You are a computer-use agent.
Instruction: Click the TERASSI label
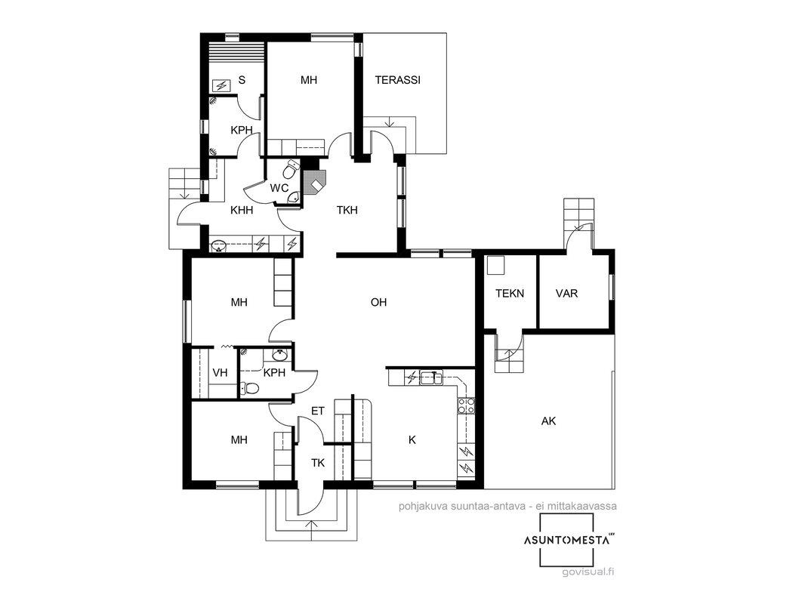click(397, 80)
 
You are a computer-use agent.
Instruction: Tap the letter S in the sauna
click(242, 80)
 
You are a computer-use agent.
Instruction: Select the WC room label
click(279, 188)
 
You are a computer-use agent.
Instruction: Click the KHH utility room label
click(242, 210)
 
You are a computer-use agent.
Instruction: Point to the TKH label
click(347, 210)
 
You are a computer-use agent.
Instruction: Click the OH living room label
click(378, 302)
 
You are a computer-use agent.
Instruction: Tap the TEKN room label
click(510, 294)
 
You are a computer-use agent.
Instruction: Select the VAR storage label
click(567, 294)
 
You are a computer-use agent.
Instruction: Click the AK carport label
click(549, 421)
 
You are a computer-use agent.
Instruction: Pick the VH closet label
click(220, 372)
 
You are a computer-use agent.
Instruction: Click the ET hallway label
click(318, 411)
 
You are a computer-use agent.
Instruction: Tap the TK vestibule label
click(318, 463)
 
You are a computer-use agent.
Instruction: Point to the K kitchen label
click(412, 439)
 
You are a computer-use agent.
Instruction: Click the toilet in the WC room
click(292, 167)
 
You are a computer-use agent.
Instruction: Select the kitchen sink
click(431, 377)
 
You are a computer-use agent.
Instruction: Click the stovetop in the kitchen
click(466, 405)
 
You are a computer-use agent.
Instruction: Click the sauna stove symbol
click(222, 85)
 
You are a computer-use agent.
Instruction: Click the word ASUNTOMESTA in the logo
click(567, 540)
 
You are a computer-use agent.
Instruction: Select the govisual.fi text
click(588, 572)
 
